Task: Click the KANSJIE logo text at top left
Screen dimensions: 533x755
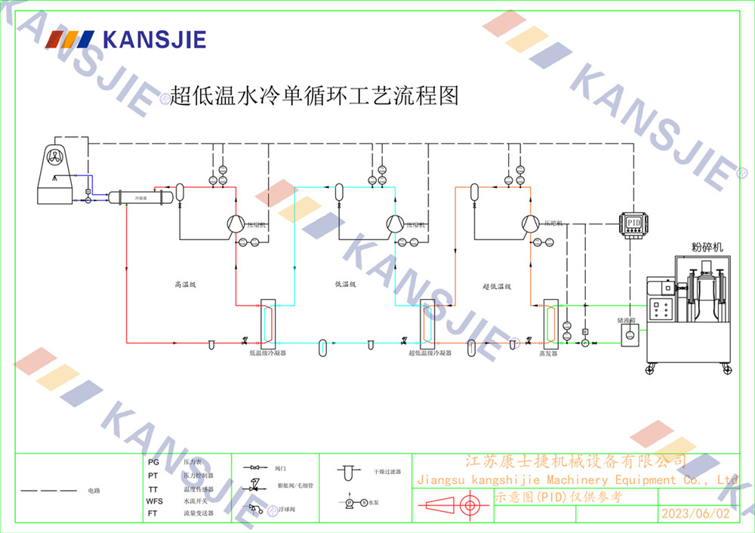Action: (x=154, y=39)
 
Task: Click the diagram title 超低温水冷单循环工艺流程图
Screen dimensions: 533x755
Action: (x=315, y=96)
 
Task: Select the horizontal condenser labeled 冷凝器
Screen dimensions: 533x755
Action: (x=140, y=197)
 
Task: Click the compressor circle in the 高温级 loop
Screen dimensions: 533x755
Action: (x=235, y=223)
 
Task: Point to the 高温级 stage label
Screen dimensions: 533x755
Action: (x=185, y=285)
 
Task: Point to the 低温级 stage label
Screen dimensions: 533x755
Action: (x=345, y=285)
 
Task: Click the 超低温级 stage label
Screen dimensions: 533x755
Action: (x=497, y=286)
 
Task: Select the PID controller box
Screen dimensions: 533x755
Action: (x=633, y=223)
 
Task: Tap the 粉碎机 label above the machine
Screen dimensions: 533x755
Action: (x=707, y=247)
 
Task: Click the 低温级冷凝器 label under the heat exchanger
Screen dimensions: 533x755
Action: (x=267, y=353)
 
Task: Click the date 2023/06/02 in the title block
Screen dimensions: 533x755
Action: (x=695, y=513)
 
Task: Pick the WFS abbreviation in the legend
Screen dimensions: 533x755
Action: (x=154, y=501)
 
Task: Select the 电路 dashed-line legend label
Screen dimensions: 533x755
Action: (x=94, y=491)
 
